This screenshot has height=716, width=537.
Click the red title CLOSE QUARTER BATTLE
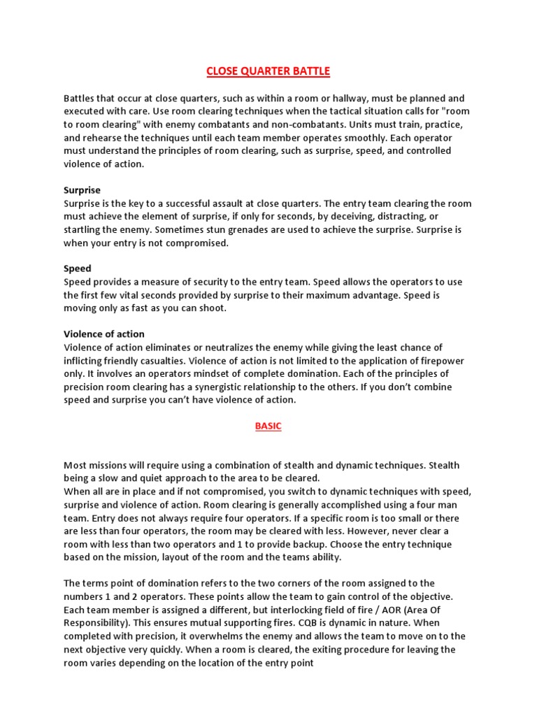268,71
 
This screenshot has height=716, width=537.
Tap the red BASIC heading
268,427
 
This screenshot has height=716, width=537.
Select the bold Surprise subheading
82,190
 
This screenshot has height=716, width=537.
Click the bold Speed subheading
77,268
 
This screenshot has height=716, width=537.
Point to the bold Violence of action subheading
104,334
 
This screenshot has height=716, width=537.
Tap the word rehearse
103,138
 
